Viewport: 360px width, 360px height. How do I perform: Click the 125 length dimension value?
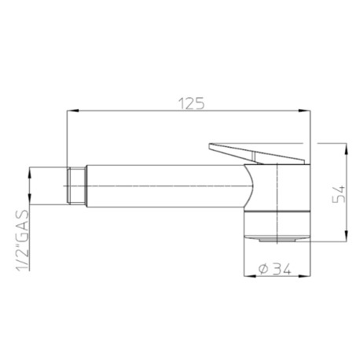191,104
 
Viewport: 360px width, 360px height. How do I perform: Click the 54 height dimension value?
338,194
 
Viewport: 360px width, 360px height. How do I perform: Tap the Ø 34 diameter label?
274,269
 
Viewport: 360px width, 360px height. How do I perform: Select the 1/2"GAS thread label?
23,240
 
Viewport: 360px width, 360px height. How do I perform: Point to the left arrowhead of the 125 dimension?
73,111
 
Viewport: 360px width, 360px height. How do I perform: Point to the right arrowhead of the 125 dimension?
304,111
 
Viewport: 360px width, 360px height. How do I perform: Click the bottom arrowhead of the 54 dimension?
346,235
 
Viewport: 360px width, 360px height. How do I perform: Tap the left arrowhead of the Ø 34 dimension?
250,276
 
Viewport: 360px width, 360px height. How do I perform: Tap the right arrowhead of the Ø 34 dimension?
304,276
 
